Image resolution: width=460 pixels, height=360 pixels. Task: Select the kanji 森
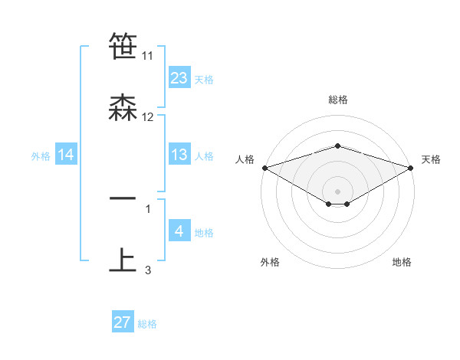tap(123, 108)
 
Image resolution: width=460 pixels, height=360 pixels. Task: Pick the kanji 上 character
tap(123, 260)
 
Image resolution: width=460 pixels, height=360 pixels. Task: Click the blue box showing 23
tap(179, 78)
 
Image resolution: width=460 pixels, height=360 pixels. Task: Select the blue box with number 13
tap(179, 155)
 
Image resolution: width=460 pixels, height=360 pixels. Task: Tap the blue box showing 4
tap(179, 231)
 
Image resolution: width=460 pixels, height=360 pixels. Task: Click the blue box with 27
tap(123, 322)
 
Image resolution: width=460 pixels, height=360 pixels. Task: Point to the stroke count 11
tap(148, 56)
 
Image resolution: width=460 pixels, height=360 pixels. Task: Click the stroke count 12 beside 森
tap(148, 117)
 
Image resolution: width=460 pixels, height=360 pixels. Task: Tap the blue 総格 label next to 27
tap(147, 324)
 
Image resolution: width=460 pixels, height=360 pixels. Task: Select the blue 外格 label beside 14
tap(41, 156)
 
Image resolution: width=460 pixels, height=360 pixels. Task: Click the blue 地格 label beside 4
tap(205, 233)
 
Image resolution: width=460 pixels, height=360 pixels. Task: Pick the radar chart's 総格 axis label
tap(338, 100)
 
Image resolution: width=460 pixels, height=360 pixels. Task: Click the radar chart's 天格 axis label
tap(432, 159)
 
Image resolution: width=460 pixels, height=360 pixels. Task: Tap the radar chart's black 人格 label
tap(245, 159)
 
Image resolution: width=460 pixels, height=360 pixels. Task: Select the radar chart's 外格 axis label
tap(270, 262)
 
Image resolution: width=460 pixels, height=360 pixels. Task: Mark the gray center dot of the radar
tap(338, 191)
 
